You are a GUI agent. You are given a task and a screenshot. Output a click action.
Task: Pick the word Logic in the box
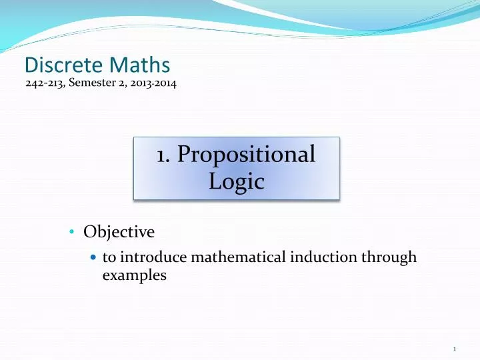(x=237, y=181)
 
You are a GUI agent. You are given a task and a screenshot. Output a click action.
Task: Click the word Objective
(x=119, y=232)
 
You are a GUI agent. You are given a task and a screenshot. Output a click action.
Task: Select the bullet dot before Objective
(x=73, y=233)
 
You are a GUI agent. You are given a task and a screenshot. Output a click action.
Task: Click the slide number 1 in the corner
(x=454, y=349)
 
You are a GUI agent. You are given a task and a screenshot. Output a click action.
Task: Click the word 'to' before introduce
(x=109, y=257)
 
